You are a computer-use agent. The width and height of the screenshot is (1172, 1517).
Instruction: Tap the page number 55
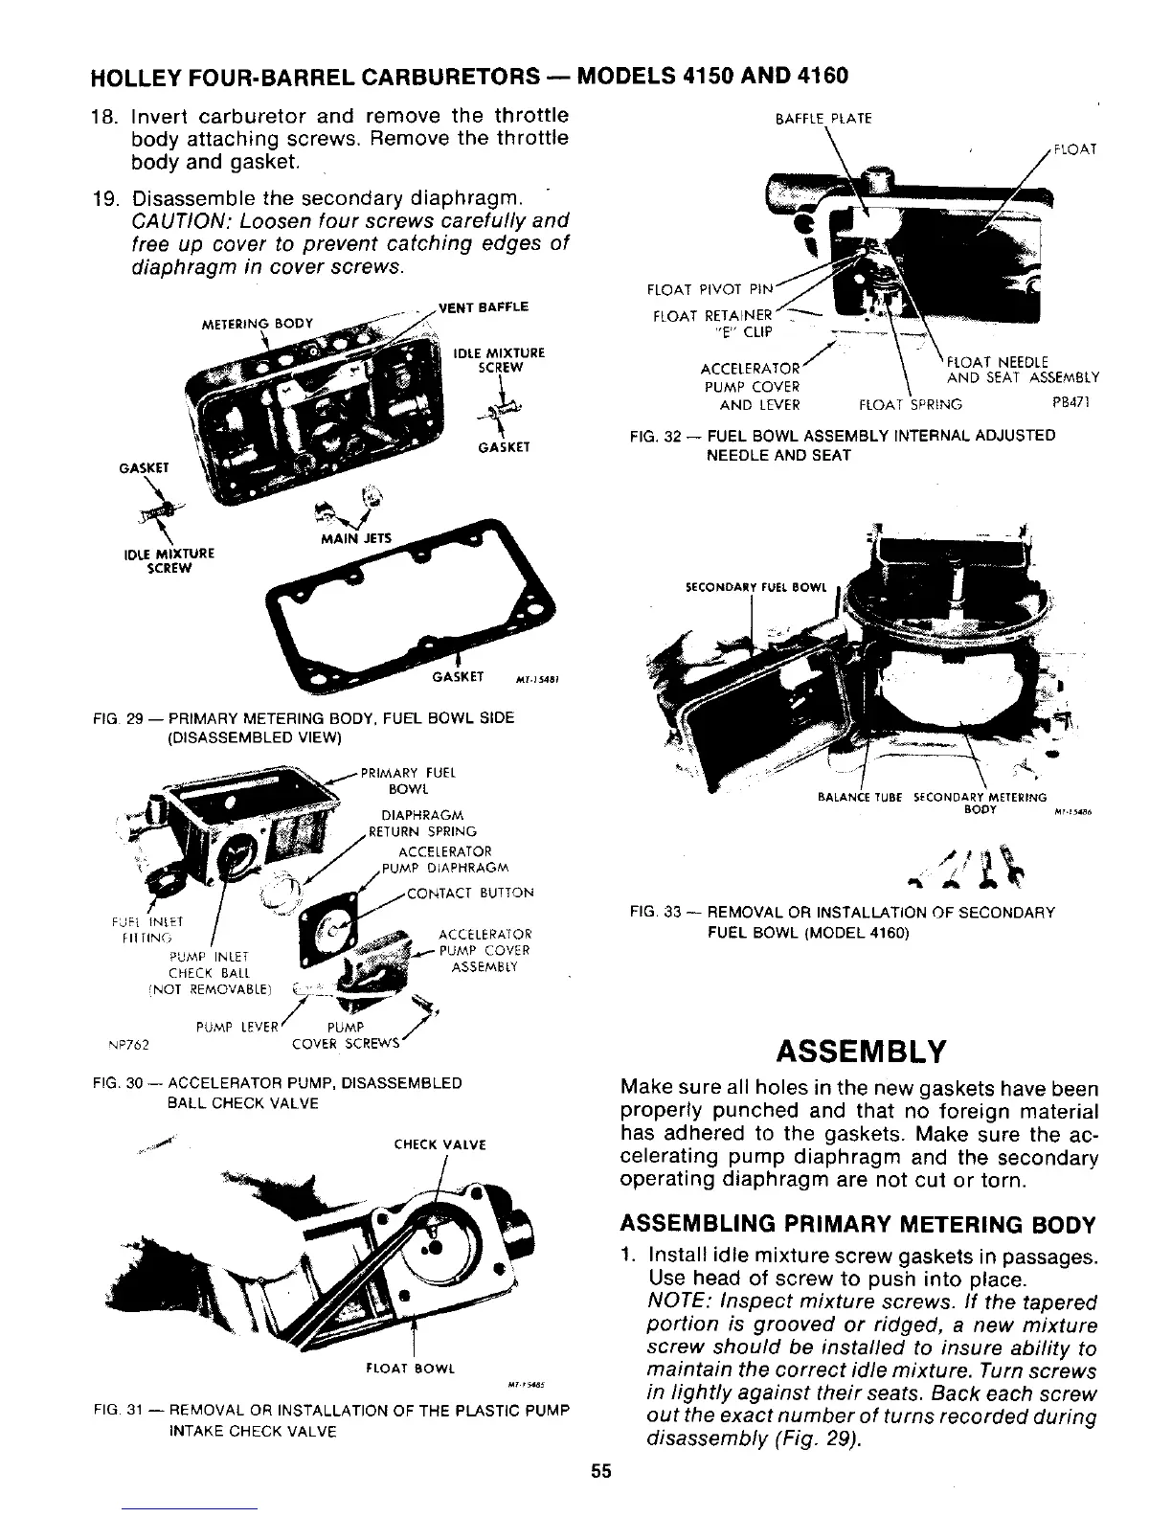click(600, 1471)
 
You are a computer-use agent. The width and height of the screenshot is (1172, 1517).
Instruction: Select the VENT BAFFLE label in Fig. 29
click(483, 307)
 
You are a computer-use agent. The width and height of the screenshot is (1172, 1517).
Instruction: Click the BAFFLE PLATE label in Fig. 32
click(823, 119)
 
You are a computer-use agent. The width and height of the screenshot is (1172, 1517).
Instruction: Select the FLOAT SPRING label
click(911, 405)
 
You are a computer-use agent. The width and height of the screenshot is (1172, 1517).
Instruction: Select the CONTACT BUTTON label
click(470, 893)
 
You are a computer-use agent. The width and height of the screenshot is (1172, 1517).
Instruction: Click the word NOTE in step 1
click(675, 1302)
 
